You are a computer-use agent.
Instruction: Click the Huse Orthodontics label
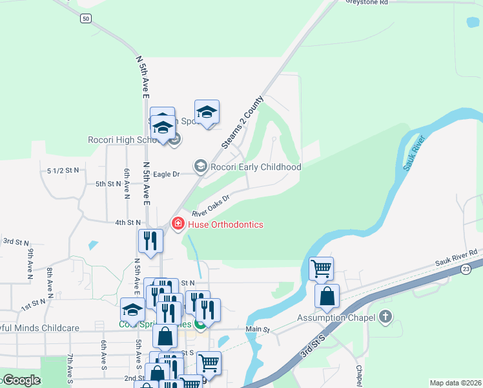(226, 224)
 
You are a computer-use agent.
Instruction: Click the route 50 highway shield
(86, 19)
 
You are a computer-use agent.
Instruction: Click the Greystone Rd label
(366, 3)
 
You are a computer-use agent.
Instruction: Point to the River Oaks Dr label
(211, 206)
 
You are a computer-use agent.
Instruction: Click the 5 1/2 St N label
(63, 170)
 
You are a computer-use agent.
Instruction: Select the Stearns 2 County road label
(242, 123)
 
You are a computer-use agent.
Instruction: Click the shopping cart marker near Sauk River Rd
(321, 268)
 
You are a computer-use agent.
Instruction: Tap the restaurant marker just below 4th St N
(150, 241)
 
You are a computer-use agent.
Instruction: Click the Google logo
(21, 380)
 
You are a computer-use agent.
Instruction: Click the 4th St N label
(128, 223)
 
